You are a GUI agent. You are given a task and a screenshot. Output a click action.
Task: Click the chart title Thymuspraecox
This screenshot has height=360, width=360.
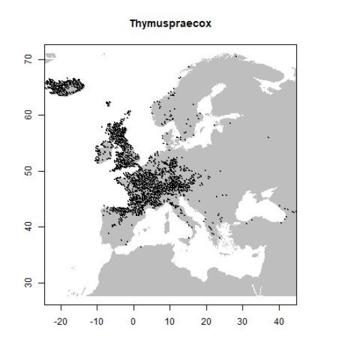coord(170,24)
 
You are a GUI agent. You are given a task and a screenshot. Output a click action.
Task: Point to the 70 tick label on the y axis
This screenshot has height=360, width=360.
coord(31,60)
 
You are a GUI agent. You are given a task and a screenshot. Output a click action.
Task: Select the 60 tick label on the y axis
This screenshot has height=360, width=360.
coord(31,115)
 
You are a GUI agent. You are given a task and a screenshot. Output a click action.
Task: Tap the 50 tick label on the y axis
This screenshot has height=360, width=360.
coord(31,171)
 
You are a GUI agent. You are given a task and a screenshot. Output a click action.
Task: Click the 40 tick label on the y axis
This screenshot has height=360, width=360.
coord(31,227)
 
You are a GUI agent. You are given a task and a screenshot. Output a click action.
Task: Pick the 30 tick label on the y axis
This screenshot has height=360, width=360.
coord(31,283)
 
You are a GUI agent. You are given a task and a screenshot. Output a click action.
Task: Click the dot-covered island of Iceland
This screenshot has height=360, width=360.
coord(65,86)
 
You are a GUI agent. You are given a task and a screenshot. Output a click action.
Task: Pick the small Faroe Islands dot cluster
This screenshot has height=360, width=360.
coord(108,103)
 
